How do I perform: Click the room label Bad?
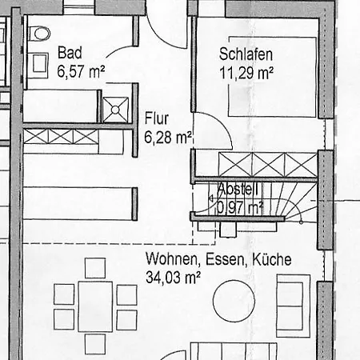point(68,54)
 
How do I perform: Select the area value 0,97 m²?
point(239,207)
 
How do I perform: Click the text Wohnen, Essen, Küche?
point(218,259)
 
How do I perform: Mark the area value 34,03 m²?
point(172,276)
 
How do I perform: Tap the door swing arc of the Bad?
point(120,48)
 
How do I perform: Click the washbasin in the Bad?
point(37,64)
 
